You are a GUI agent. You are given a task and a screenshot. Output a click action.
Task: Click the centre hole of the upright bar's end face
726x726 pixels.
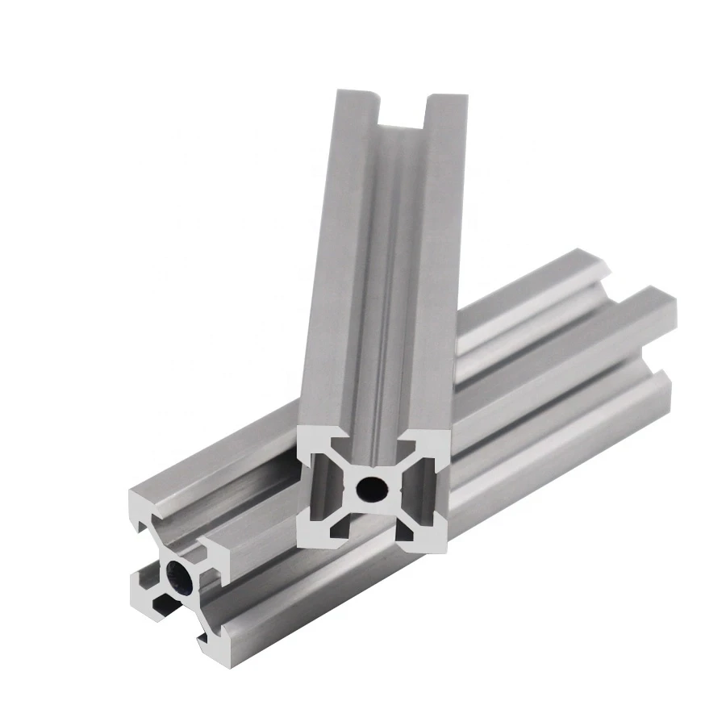pos(373,486)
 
